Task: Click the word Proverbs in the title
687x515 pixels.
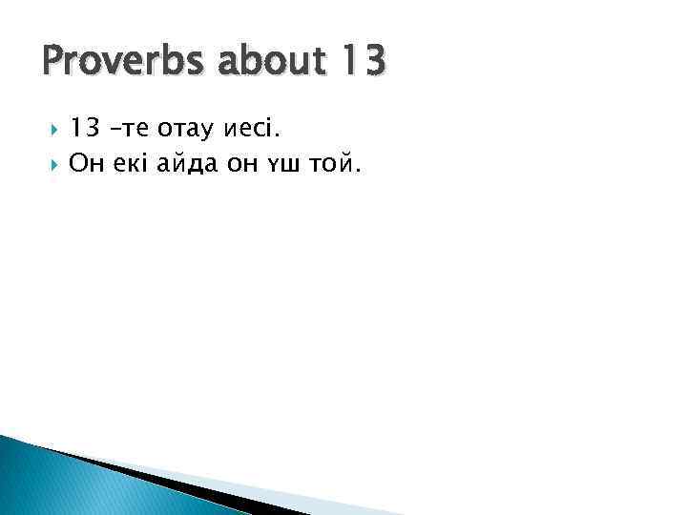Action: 114,62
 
